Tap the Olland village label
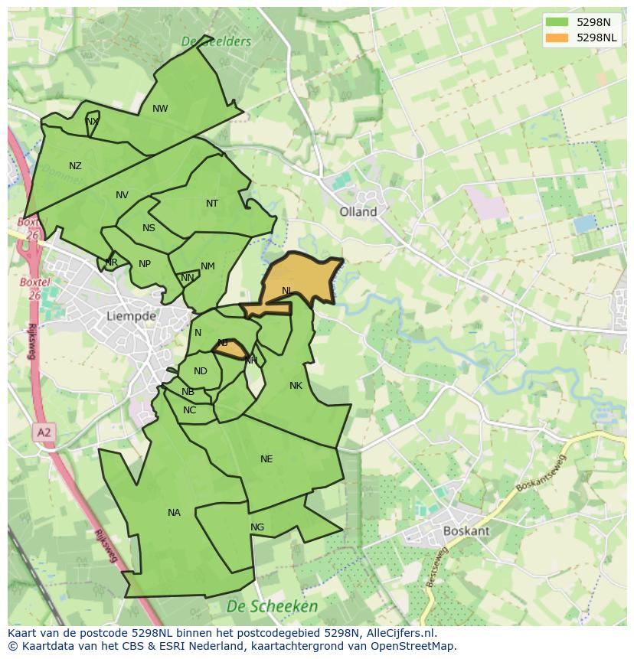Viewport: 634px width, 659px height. (x=358, y=212)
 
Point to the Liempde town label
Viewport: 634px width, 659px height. (x=131, y=315)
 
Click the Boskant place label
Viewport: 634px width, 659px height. (x=466, y=530)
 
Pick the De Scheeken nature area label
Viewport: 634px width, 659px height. (x=272, y=606)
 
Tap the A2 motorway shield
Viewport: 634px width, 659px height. (x=44, y=433)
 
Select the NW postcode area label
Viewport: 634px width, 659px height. (x=160, y=109)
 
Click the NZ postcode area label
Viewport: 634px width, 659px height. (x=75, y=166)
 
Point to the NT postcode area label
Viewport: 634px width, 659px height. (x=212, y=204)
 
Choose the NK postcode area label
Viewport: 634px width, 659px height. (x=296, y=386)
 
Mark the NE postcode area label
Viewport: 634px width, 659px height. (x=266, y=459)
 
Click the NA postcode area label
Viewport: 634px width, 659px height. (x=174, y=513)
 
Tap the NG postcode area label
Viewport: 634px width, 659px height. (x=257, y=527)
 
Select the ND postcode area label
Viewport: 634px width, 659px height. (x=201, y=371)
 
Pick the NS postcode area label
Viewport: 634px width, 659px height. (x=149, y=228)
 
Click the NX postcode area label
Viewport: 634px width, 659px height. (x=92, y=122)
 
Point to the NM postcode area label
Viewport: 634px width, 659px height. (x=208, y=266)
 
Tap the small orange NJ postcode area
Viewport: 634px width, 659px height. (x=228, y=347)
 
